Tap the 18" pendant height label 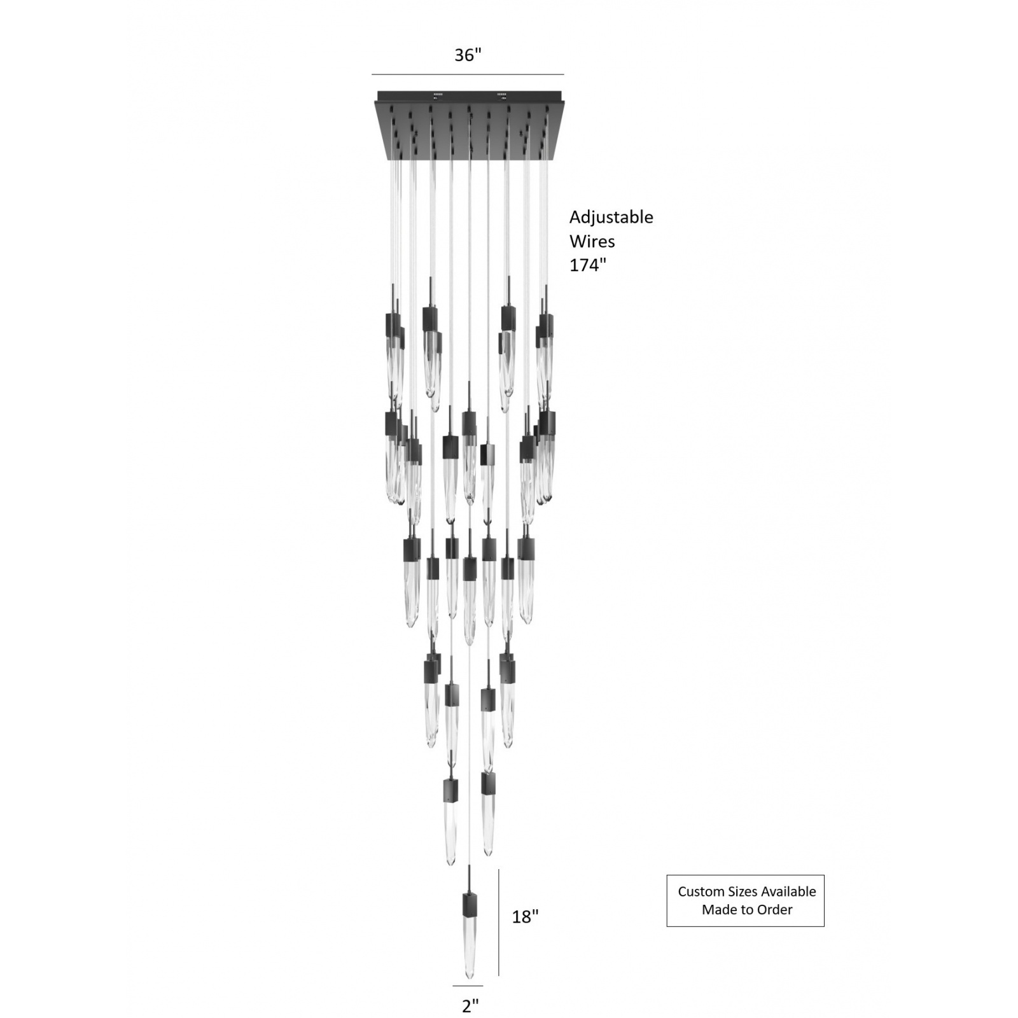pos(526,916)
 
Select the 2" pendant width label pos(470,1006)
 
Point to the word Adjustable pos(611,217)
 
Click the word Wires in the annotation pos(592,241)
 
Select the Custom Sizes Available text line pos(746,891)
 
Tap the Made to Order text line pos(746,910)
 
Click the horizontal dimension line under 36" pos(468,74)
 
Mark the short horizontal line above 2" pos(468,986)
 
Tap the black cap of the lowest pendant pos(469,903)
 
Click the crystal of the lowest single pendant pos(469,948)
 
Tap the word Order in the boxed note pos(775,910)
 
